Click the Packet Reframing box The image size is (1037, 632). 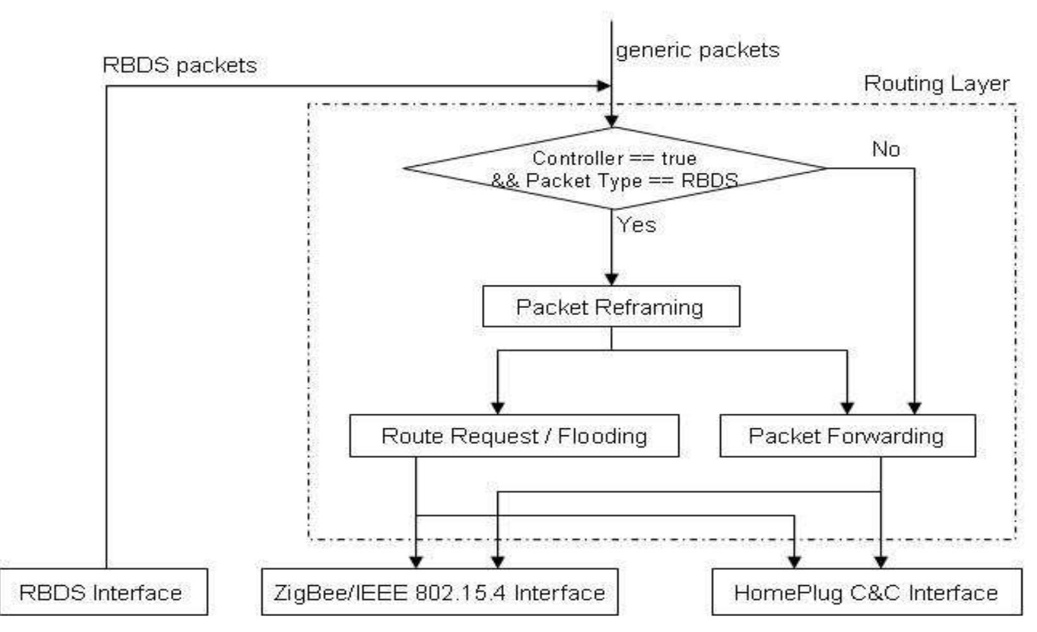[x=611, y=307]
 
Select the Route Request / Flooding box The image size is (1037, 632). [x=513, y=436]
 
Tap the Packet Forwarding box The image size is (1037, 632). [x=847, y=436]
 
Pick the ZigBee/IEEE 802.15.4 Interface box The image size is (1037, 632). [x=440, y=592]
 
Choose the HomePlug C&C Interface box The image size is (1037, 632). [x=866, y=592]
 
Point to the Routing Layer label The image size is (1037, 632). [x=936, y=84]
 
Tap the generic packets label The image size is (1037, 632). [x=697, y=50]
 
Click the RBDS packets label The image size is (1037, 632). [x=179, y=65]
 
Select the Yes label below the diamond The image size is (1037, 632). [x=636, y=225]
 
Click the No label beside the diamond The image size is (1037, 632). [x=885, y=149]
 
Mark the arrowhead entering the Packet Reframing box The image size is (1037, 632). [x=611, y=280]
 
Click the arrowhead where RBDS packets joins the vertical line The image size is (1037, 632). [x=604, y=86]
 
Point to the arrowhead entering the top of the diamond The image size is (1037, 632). [x=611, y=121]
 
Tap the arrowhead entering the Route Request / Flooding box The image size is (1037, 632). [x=497, y=408]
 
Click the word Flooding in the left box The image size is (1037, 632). [x=602, y=436]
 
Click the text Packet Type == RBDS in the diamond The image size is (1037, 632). [x=631, y=181]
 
